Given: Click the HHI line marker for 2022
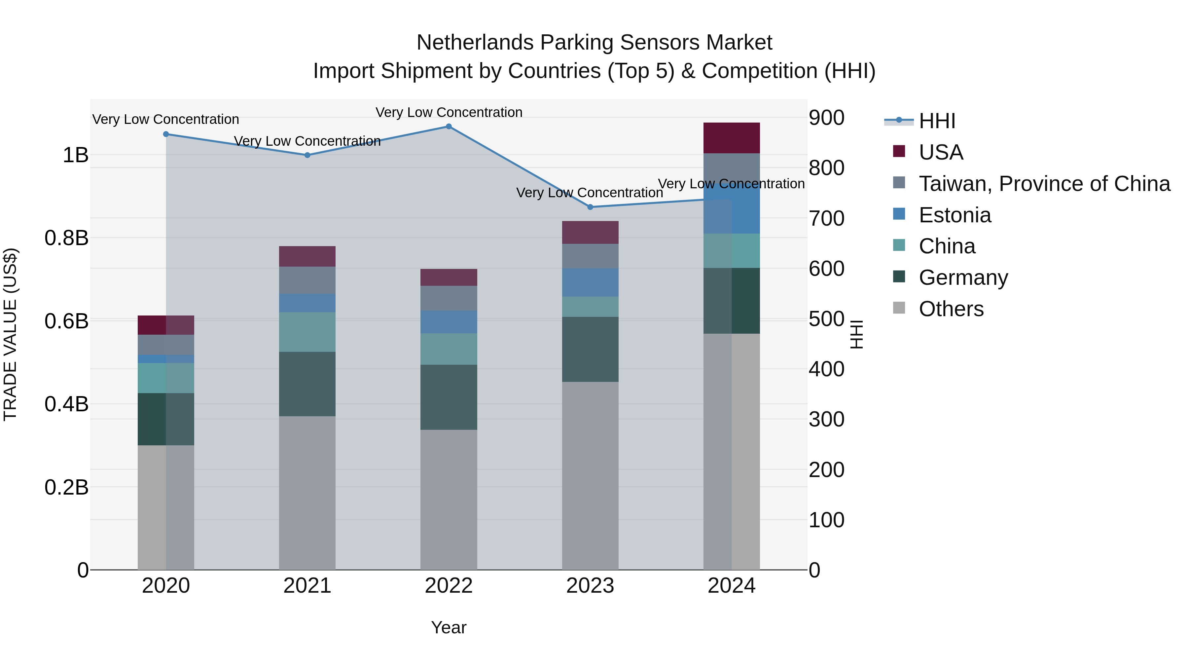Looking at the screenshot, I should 449,127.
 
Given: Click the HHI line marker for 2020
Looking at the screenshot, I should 166,134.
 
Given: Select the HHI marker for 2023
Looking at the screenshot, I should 590,207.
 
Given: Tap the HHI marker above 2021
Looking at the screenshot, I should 307,155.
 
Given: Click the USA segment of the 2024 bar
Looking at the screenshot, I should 732,138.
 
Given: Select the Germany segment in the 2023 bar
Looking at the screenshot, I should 590,349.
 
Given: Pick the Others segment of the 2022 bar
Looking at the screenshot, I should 449,500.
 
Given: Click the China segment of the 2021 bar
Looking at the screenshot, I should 307,332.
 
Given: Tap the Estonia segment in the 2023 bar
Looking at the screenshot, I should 590,282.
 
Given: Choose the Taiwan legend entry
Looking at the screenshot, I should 1044,184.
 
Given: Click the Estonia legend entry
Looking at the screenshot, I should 955,215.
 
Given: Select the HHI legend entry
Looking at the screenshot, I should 937,121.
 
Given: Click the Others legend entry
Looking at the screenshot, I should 951,309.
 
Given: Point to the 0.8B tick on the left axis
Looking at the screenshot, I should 66,238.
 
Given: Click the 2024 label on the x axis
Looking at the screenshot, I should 732,586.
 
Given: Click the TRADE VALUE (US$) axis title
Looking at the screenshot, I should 11,334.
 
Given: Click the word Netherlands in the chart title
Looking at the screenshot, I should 475,43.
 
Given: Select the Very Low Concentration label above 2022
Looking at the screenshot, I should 449,112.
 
